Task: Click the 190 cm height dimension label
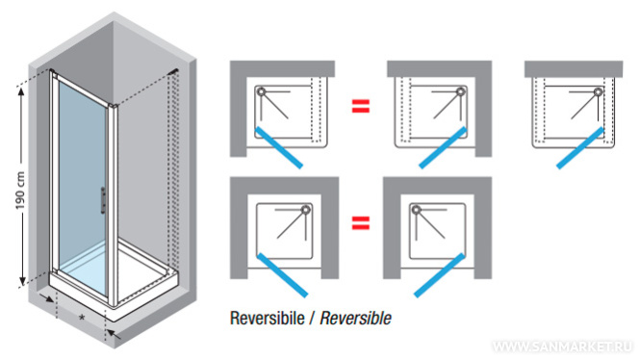pos(20,191)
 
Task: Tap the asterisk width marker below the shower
pos(82,317)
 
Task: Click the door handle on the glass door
pos(103,200)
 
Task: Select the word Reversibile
pos(268,318)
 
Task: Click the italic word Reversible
pos(355,318)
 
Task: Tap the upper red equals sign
pos(361,106)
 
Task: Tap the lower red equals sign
pos(361,223)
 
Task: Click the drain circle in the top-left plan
pos(261,91)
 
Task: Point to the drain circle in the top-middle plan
pos(461,91)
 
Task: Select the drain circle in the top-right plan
pos(599,91)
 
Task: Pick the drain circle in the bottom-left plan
pos(306,210)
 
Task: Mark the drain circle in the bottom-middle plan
pos(416,210)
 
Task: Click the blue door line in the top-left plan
pos(279,148)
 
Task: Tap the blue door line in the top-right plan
pos(580,148)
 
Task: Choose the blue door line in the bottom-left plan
pos(282,275)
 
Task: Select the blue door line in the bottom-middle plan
pos(439,275)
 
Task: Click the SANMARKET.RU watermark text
pos(563,347)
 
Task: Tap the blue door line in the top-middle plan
pos(443,148)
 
